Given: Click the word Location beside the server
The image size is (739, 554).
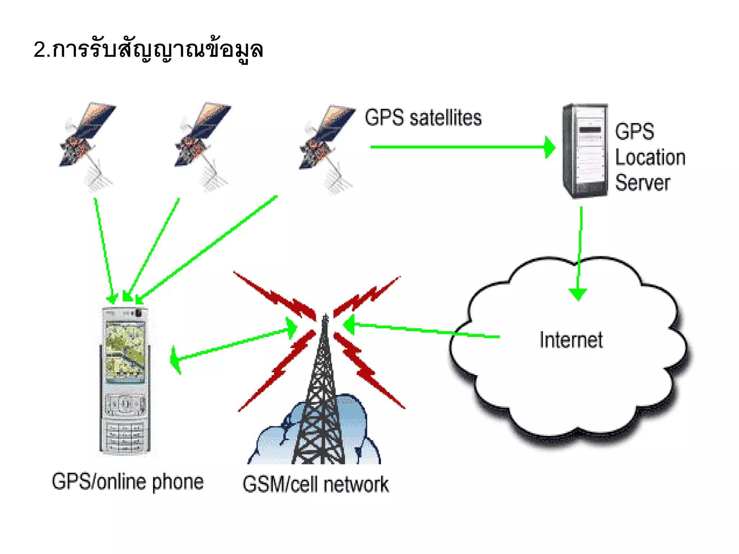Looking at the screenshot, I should [x=650, y=158].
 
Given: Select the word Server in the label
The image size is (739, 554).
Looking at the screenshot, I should [x=642, y=183].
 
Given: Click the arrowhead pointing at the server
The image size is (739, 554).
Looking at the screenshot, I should [x=549, y=147].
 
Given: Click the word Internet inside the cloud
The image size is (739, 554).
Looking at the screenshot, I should [x=571, y=340].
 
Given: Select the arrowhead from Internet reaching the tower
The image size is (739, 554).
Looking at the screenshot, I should [x=349, y=325].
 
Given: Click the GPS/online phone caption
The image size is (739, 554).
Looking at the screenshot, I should [x=128, y=482].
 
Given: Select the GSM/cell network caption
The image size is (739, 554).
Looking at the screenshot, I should [x=316, y=484].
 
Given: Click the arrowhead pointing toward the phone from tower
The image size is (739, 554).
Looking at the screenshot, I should [x=176, y=359].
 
